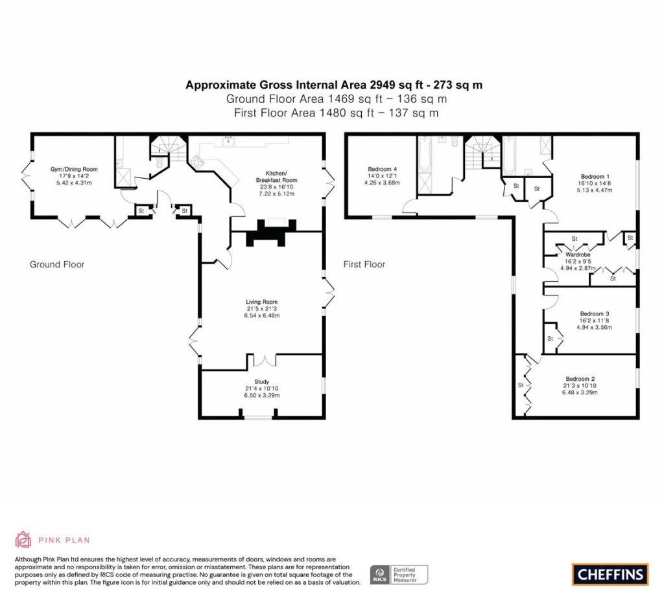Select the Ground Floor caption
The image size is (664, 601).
(x=57, y=264)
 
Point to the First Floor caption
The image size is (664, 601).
(x=364, y=264)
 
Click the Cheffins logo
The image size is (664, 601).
(x=610, y=574)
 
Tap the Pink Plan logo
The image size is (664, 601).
(x=53, y=539)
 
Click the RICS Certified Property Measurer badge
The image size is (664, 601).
(x=399, y=574)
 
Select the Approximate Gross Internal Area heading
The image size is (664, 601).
(x=334, y=84)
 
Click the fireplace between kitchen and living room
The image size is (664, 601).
(x=270, y=232)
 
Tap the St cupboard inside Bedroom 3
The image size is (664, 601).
(x=550, y=338)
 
